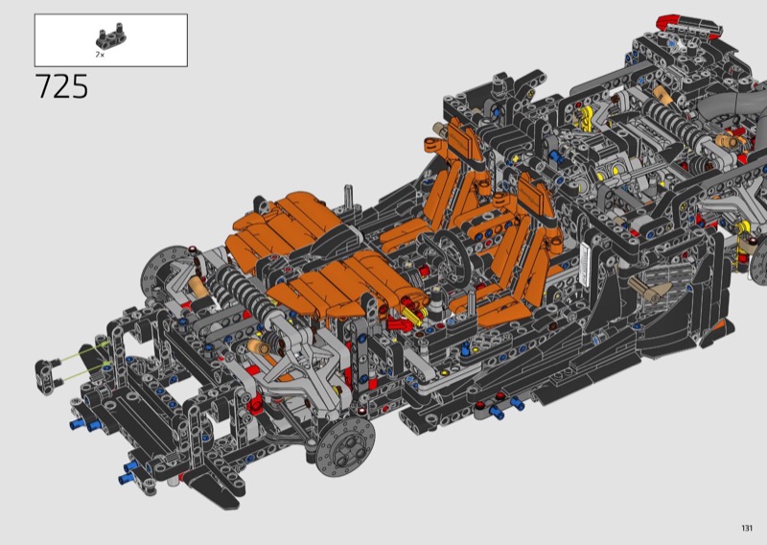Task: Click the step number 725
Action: click(61, 86)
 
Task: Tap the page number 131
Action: click(747, 528)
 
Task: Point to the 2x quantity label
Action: click(100, 55)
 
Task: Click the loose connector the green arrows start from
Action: click(47, 371)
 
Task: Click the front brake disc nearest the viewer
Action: click(346, 446)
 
